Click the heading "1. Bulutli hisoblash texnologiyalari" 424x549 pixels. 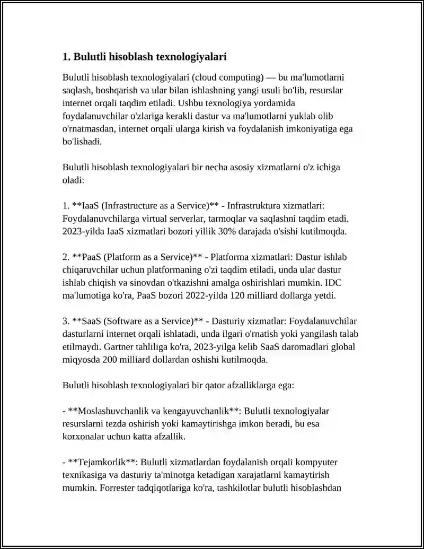(144, 56)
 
